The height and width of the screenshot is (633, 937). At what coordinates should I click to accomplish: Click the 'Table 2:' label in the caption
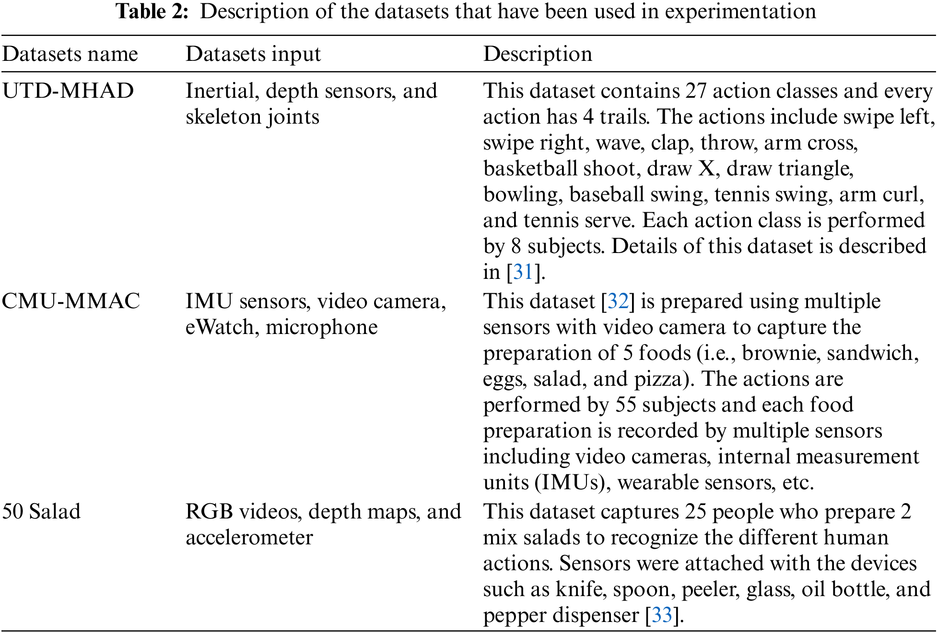click(152, 12)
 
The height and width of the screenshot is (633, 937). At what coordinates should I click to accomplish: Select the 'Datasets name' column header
click(70, 54)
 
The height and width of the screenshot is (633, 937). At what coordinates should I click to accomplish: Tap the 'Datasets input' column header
click(253, 54)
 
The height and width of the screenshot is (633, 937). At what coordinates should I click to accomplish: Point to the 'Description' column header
click(538, 54)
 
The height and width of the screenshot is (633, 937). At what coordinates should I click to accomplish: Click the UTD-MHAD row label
click(68, 91)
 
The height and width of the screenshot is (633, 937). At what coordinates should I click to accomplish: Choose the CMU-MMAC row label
click(71, 301)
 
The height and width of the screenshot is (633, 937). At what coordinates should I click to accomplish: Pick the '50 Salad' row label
click(41, 512)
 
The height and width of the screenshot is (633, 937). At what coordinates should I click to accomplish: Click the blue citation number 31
click(523, 272)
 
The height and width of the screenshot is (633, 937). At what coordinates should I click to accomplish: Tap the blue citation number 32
click(618, 301)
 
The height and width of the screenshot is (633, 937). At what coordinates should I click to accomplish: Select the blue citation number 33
click(662, 615)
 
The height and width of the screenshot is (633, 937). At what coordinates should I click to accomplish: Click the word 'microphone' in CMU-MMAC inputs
click(322, 327)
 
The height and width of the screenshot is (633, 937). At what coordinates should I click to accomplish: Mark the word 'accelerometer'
click(249, 538)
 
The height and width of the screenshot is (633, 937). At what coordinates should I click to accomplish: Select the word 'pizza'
click(658, 379)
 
